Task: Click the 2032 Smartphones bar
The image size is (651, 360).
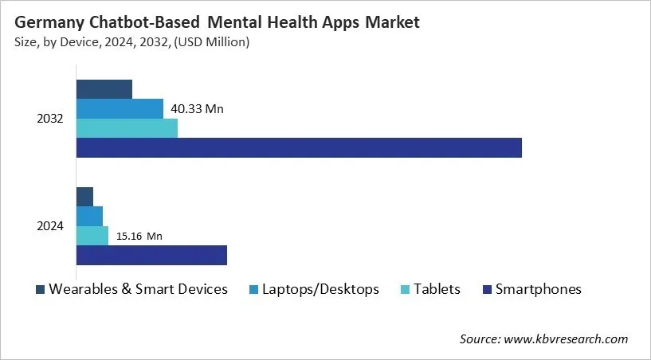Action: (x=299, y=147)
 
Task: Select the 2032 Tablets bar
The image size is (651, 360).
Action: (x=127, y=127)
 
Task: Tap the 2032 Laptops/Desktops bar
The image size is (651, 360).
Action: (x=120, y=108)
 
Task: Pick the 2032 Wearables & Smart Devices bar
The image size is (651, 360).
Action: (x=104, y=89)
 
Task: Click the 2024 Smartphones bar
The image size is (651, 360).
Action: (x=151, y=255)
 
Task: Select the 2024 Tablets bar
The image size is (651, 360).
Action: (x=92, y=236)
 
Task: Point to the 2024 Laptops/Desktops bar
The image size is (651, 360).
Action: (x=89, y=216)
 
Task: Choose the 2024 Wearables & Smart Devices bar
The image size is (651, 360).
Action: (x=84, y=197)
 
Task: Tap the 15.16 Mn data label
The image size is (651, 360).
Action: (x=139, y=237)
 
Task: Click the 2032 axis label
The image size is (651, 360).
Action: (x=50, y=119)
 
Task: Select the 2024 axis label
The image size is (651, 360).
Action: (x=50, y=226)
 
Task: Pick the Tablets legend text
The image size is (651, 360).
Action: (x=436, y=289)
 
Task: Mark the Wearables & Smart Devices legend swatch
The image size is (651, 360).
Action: (x=39, y=289)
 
